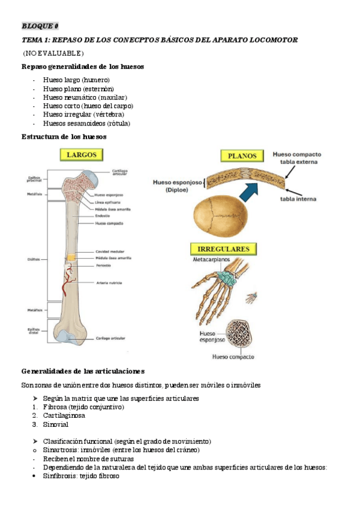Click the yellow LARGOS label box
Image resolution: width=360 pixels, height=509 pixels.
pyautogui.click(x=81, y=155)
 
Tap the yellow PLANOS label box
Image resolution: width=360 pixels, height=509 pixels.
pyautogui.click(x=242, y=156)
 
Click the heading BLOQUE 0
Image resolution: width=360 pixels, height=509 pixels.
pyautogui.click(x=40, y=26)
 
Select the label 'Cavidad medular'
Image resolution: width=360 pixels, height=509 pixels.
pyautogui.click(x=110, y=251)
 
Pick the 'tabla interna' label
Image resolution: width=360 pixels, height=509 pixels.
pyautogui.click(x=298, y=199)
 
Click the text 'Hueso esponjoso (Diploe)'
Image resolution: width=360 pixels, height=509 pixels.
pyautogui.click(x=177, y=185)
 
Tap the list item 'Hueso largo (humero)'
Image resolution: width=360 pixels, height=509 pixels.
pyautogui.click(x=76, y=80)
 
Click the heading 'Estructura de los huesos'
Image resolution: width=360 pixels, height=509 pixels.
pyautogui.click(x=64, y=136)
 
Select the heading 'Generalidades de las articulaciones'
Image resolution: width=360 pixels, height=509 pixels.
pyautogui.click(x=83, y=371)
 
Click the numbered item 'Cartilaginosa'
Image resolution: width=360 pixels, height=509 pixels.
pyautogui.click(x=64, y=415)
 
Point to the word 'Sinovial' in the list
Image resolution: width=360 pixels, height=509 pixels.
pyautogui.click(x=56, y=424)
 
